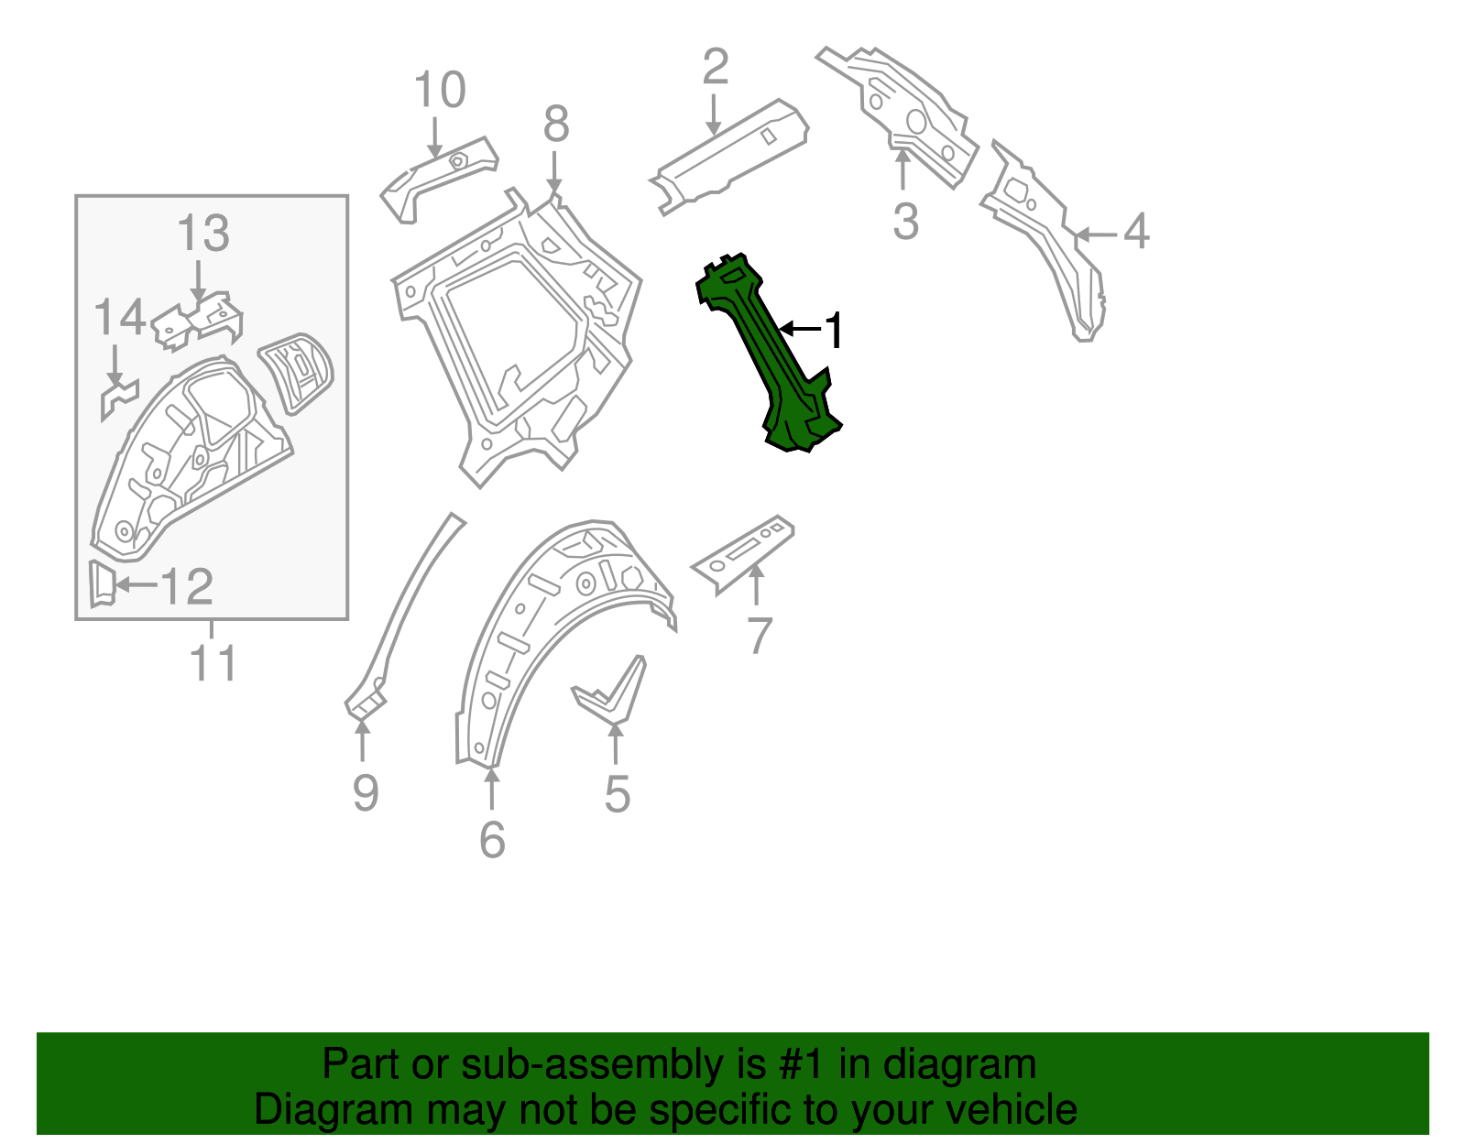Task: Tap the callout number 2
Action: pyautogui.click(x=715, y=67)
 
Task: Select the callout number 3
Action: pyautogui.click(x=905, y=222)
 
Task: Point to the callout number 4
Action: pyautogui.click(x=1135, y=232)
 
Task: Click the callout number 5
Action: pyautogui.click(x=617, y=794)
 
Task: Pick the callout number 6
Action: pyautogui.click(x=492, y=839)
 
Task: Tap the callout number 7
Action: pyautogui.click(x=760, y=636)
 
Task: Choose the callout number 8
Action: pyautogui.click(x=556, y=124)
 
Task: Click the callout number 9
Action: pyautogui.click(x=365, y=792)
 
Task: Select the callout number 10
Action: pyautogui.click(x=440, y=91)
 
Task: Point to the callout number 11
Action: pyautogui.click(x=213, y=662)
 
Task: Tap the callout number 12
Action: pyautogui.click(x=188, y=586)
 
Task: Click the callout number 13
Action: pyautogui.click(x=202, y=234)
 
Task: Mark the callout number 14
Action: pyautogui.click(x=119, y=318)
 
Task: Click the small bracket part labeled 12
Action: pyautogui.click(x=101, y=584)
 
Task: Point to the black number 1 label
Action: pyautogui.click(x=832, y=331)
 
